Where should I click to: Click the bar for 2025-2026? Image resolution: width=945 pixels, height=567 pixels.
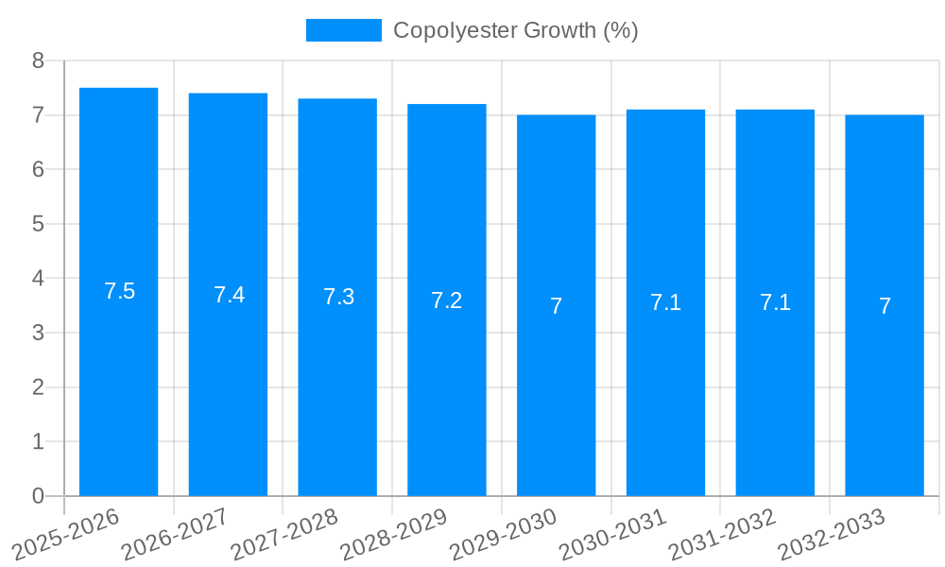118,378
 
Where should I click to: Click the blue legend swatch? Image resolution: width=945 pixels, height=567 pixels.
343,30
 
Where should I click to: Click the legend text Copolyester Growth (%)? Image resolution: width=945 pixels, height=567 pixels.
515,30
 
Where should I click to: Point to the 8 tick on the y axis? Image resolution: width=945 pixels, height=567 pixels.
38,60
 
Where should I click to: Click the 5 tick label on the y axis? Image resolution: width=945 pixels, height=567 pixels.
38,224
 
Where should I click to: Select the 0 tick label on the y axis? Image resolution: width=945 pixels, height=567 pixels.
38,496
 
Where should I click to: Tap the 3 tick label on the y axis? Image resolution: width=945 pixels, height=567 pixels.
38,333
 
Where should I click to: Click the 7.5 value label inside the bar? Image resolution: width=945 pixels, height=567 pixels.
120,291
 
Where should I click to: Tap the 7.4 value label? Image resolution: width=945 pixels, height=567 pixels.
229,294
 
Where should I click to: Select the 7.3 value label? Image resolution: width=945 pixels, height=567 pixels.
338,297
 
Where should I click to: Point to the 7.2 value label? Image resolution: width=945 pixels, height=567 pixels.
447,301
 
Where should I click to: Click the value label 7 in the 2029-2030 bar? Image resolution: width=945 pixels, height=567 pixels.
557,306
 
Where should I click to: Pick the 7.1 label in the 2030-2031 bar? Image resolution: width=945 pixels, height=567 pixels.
665,302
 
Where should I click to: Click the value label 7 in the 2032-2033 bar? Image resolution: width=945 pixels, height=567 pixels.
885,306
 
